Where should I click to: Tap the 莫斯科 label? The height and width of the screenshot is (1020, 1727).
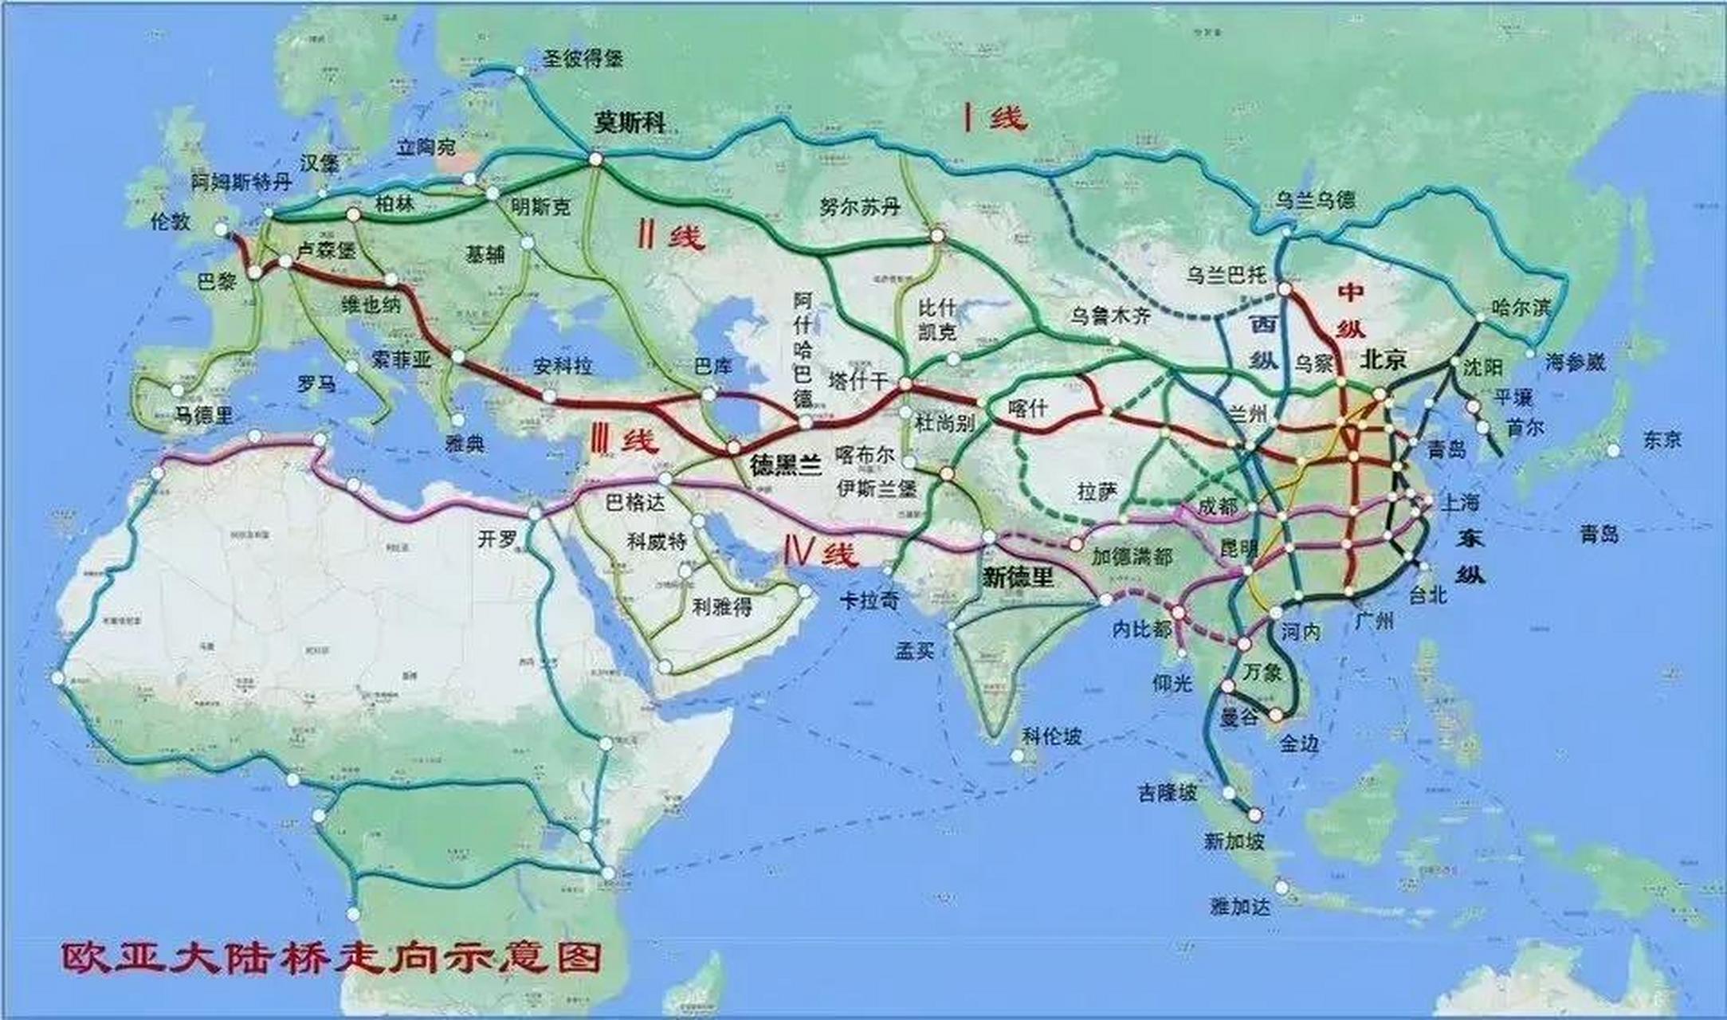pos(630,122)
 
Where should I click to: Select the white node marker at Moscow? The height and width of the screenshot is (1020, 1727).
pos(595,159)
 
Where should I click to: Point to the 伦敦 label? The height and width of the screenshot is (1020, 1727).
pos(171,221)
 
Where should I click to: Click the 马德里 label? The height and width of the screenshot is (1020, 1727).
pos(204,414)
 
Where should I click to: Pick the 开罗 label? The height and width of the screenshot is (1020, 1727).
pos(497,539)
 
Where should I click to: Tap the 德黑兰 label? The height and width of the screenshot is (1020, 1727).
pos(785,465)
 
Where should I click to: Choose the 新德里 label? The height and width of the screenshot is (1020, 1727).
pos(1018,577)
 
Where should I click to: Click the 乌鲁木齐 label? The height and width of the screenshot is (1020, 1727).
pos(1110,316)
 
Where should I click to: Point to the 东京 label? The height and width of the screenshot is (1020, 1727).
pos(1662,438)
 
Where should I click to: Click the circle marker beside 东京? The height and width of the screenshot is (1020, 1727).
pos(1614,450)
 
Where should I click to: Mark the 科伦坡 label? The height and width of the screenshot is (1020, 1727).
pos(1051,736)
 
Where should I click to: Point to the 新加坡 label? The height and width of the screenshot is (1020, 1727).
pos(1233,841)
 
